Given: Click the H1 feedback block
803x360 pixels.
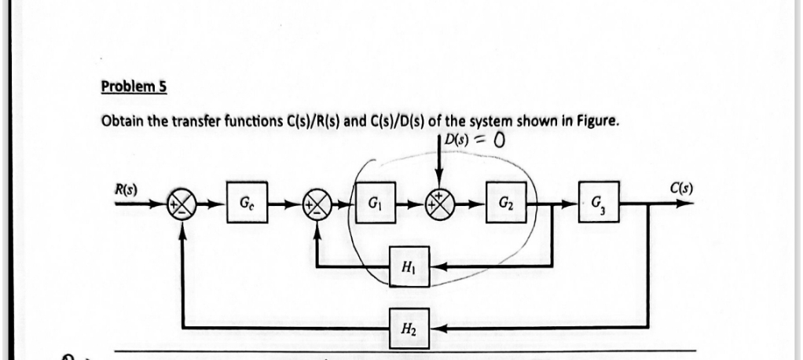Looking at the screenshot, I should (x=409, y=268).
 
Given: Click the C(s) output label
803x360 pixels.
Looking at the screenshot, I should (x=681, y=188).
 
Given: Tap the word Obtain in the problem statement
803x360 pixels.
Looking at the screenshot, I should (x=123, y=122).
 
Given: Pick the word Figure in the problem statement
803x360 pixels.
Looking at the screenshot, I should (x=580, y=122).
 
